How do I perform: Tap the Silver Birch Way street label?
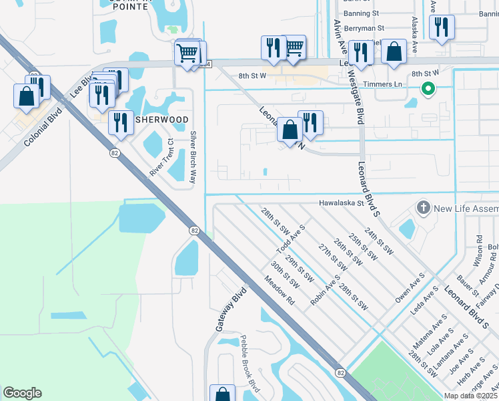pos(194,158)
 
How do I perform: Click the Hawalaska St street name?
pos(343,203)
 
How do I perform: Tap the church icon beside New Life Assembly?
pos(422,208)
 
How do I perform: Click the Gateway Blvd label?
pos(231,308)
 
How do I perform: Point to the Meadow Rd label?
pos(283,291)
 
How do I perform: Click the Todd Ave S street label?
pos(293,239)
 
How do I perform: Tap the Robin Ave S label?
pos(326,291)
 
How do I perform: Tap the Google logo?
pos(22,393)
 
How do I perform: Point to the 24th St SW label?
pos(380,243)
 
